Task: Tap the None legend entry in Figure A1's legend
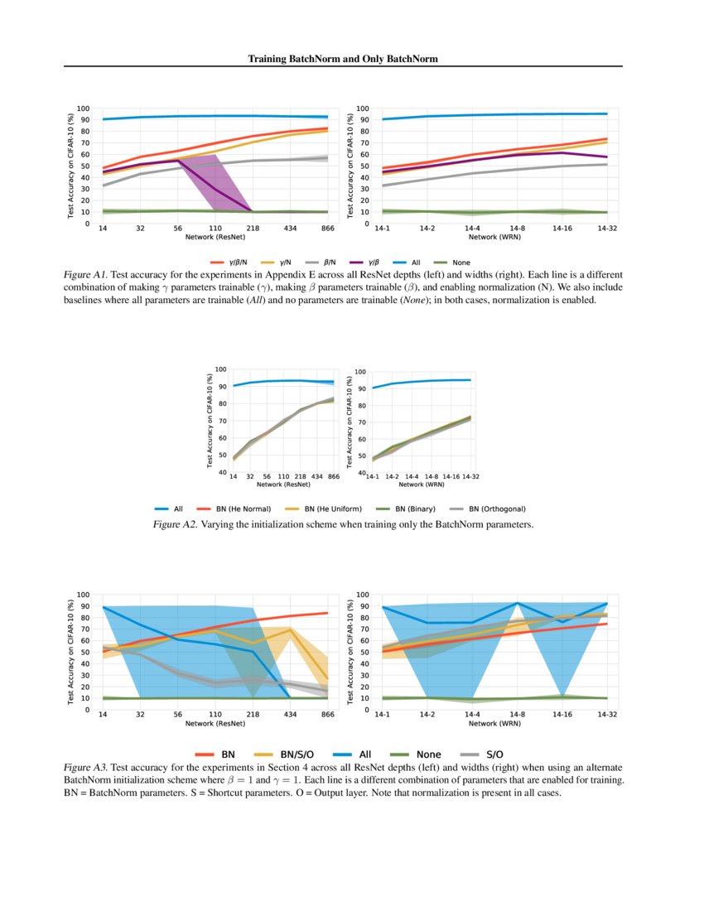[461, 263]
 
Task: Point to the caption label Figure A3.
[84, 769]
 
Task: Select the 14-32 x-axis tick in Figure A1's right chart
[607, 228]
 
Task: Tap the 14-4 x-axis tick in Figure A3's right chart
[472, 713]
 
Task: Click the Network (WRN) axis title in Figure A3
[494, 723]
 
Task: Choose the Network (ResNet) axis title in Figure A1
[212, 237]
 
